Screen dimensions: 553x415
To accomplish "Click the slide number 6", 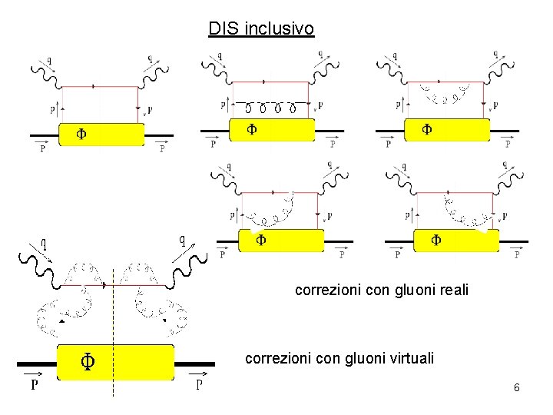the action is coord(517,388).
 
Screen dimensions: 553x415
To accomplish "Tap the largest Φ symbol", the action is coord(88,360).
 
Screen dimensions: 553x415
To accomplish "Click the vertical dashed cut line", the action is coord(113,330).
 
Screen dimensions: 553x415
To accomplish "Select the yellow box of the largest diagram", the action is coord(116,362).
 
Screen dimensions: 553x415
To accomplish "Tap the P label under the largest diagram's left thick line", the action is coord(34,385).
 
